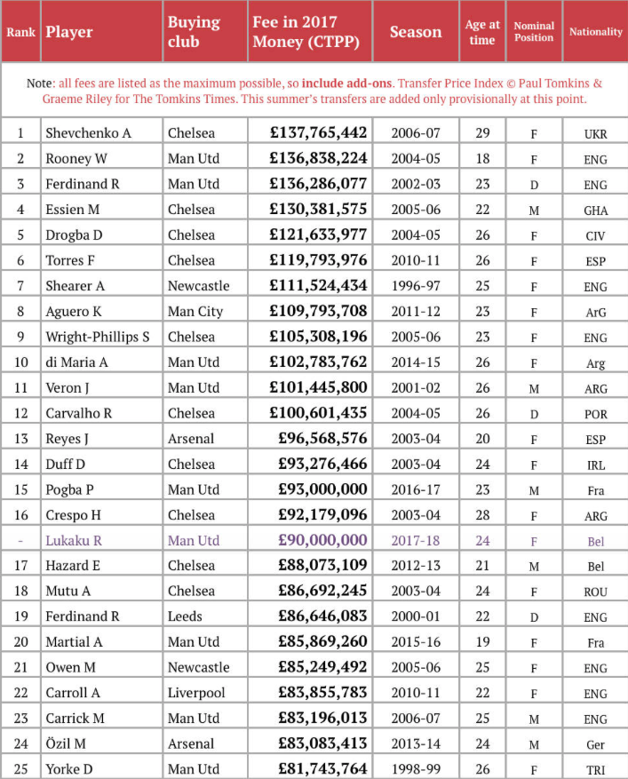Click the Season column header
(x=415, y=32)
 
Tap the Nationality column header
(x=595, y=32)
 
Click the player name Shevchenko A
(x=88, y=133)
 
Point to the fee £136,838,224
(x=318, y=159)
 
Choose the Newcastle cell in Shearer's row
(x=198, y=286)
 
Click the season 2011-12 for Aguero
(x=415, y=312)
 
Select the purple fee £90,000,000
(x=322, y=540)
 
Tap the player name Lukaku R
(x=74, y=540)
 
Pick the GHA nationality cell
(x=595, y=211)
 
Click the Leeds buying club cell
(x=185, y=616)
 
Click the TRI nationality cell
(x=595, y=770)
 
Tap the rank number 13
(x=20, y=439)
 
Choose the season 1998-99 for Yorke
(x=415, y=769)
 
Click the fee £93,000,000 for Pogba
(x=322, y=489)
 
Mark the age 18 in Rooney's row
(x=482, y=159)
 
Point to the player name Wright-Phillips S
(x=97, y=337)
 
